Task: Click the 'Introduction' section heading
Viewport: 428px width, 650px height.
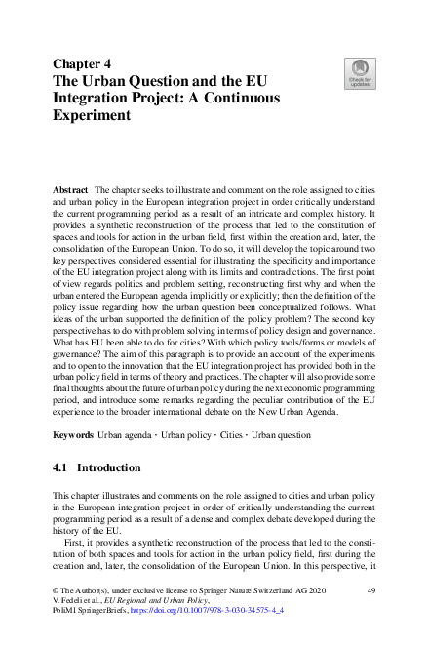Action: pyautogui.click(x=109, y=468)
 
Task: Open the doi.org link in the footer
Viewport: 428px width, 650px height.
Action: pyautogui.click(x=209, y=613)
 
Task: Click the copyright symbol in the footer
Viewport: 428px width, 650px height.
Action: pyautogui.click(x=55, y=591)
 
